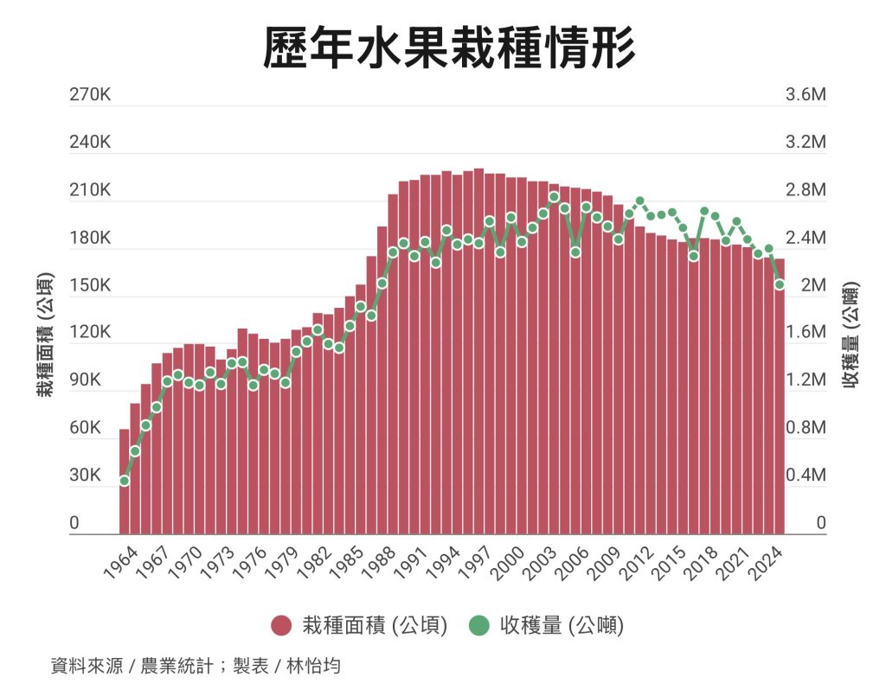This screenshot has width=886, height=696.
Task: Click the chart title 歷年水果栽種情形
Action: coord(449,48)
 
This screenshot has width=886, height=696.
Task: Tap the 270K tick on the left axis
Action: coord(91,95)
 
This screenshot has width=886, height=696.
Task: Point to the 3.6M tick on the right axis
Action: coord(806,95)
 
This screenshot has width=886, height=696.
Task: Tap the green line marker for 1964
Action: coord(125,481)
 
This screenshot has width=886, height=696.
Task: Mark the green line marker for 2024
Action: coord(780,284)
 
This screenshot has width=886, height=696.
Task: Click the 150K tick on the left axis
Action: coord(91,286)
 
